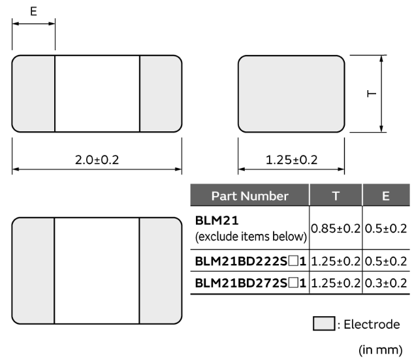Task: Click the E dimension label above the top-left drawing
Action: (x=33, y=11)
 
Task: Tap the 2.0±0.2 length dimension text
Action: (x=97, y=160)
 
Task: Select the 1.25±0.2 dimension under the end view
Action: (x=291, y=160)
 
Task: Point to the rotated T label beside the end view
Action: (x=372, y=93)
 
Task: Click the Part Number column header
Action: (x=250, y=196)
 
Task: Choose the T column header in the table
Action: (x=336, y=196)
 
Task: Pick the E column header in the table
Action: (x=386, y=196)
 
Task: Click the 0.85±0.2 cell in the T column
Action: (x=336, y=229)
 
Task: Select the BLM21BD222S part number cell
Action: (x=250, y=261)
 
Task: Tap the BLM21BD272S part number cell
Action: (x=250, y=283)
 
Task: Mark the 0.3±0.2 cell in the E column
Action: (x=386, y=283)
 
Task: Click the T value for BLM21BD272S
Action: (x=336, y=283)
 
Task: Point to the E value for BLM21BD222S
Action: (x=386, y=261)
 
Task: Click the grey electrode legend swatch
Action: (x=324, y=323)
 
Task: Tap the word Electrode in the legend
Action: (x=372, y=324)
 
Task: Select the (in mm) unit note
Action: (x=381, y=350)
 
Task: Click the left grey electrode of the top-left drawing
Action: (x=33, y=93)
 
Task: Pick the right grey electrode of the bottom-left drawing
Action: (x=161, y=270)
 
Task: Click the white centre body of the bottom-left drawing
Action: (x=97, y=270)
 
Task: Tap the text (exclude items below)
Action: (x=251, y=237)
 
